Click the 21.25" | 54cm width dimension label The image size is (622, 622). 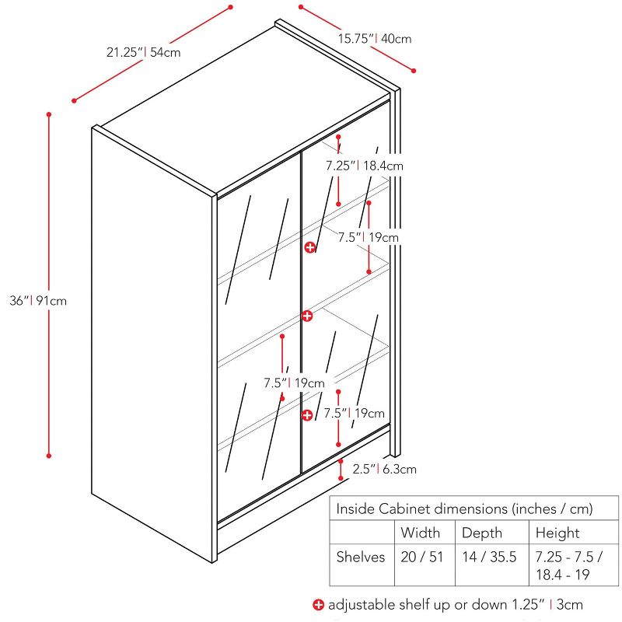[144, 53]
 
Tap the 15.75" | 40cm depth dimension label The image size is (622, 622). [374, 38]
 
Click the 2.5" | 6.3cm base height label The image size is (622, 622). [384, 469]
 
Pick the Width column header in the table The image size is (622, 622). [420, 533]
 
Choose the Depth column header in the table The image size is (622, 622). [482, 533]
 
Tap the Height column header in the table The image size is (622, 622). [557, 533]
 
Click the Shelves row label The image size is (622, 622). [361, 557]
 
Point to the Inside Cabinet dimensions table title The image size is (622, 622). [464, 508]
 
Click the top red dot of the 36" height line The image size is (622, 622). [49, 114]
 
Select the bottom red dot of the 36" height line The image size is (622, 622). [49, 456]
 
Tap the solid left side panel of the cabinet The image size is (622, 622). [152, 334]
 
